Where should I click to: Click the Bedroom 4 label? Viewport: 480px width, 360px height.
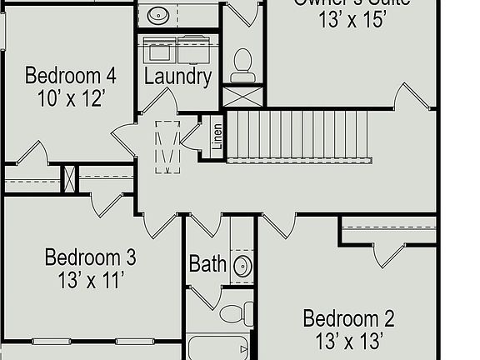tap(70, 76)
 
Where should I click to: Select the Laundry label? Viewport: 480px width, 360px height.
tap(177, 77)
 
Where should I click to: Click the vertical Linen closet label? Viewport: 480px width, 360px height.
tap(217, 137)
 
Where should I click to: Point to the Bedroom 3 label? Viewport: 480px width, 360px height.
tap(90, 257)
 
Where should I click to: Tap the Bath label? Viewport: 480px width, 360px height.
tap(207, 264)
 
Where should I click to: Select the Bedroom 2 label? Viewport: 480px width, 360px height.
tap(348, 318)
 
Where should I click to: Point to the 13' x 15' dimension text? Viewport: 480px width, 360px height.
tap(352, 20)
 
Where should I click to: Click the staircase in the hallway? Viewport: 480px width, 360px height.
tap(298, 135)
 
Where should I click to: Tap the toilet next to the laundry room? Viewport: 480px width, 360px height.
tap(242, 65)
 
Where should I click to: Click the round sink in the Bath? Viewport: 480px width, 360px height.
tap(242, 266)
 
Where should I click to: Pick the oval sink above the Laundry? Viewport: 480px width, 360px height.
tap(158, 14)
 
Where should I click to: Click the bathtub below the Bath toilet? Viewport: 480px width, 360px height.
tap(218, 347)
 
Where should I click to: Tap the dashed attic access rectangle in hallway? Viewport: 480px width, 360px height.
tap(168, 147)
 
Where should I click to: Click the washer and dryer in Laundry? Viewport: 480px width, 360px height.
tap(178, 50)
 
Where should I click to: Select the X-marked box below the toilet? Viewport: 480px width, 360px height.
tap(243, 96)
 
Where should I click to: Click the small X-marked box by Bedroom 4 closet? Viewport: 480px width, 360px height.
tap(71, 178)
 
